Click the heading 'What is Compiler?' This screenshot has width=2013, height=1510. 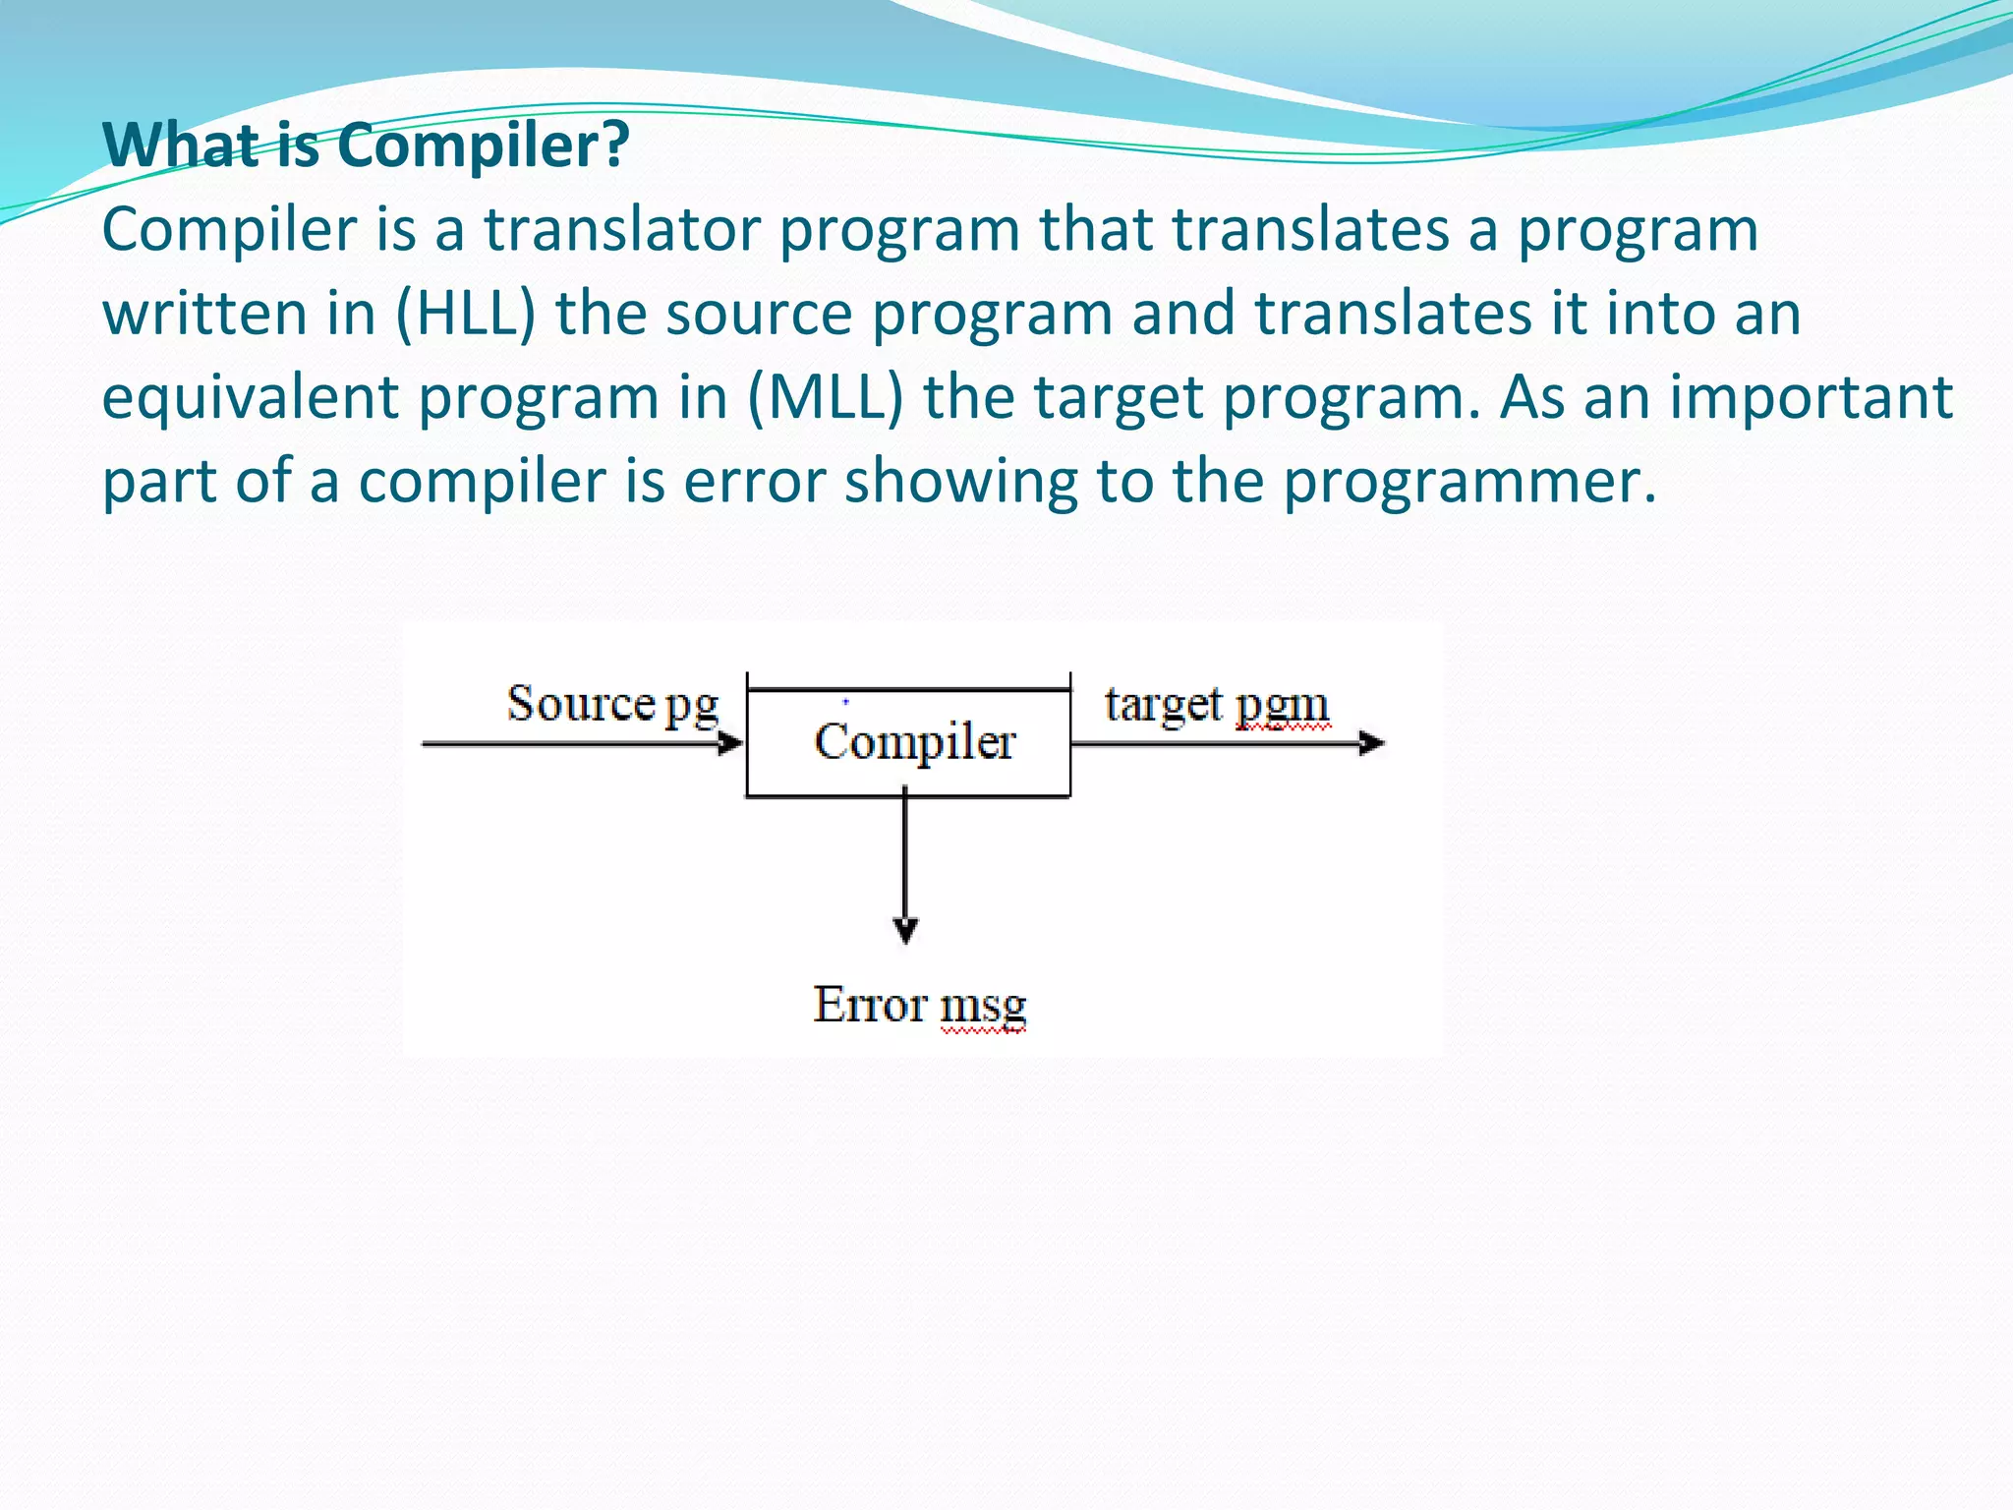pos(366,145)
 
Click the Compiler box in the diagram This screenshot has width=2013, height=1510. pos(908,742)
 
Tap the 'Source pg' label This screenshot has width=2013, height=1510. pos(612,704)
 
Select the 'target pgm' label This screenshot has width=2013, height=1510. pos(1217,704)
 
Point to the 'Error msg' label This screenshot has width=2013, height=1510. pos(919,1005)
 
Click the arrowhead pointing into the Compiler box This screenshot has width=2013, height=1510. pos(730,743)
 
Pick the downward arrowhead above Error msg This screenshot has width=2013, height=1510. pos(905,929)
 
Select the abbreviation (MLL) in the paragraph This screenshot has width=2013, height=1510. pos(825,397)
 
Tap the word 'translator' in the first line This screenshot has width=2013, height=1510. pos(622,230)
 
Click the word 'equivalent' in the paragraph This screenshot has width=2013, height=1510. pos(250,397)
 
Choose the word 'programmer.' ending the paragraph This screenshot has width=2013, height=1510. pos(1470,482)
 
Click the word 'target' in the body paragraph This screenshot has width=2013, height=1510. pos(1115,397)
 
